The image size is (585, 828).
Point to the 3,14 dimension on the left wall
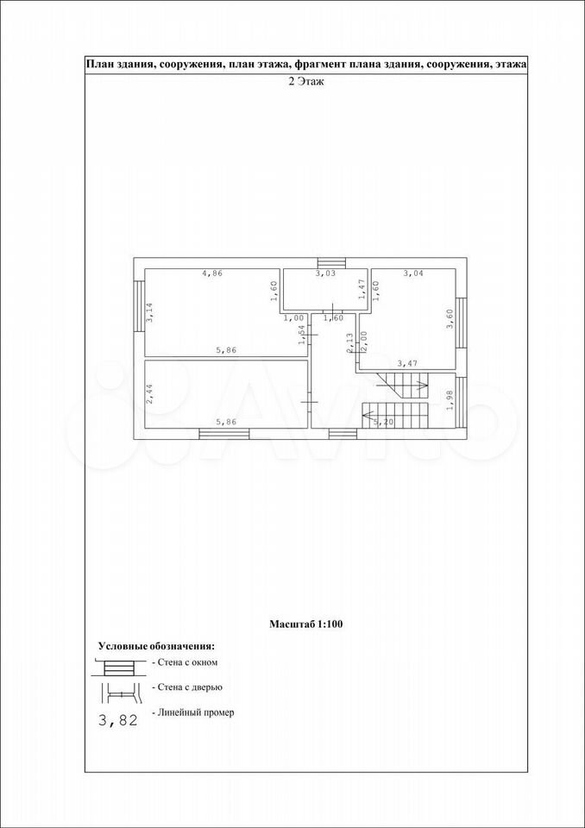coord(149,312)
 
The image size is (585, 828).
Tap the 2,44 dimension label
coord(149,393)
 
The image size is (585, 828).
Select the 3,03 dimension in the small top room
coord(325,273)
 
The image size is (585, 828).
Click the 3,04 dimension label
coord(414,273)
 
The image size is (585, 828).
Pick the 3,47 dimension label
coord(407,364)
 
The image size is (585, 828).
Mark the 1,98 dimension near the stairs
coord(450,399)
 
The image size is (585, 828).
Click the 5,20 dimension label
coord(384,423)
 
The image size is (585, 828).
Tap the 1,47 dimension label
coord(362,290)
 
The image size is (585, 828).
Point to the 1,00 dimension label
coord(294,318)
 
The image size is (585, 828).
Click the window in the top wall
coord(331,263)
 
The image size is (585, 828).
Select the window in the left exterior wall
coord(139,305)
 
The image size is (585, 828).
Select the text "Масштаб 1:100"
coord(306,624)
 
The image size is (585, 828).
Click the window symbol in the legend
coord(118,667)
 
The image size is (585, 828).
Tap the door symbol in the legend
coord(122,693)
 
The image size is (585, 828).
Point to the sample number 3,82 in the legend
coord(118,719)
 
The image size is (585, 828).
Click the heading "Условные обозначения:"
coord(156,646)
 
